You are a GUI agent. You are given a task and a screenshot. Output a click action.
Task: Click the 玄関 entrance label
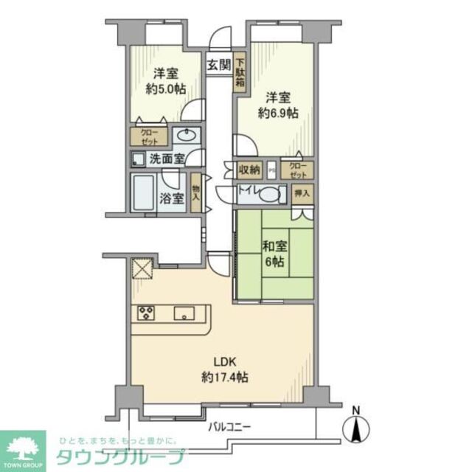tap(219, 64)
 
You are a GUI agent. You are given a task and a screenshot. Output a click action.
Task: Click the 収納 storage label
tap(249, 170)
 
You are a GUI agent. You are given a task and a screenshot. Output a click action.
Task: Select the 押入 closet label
tap(302, 194)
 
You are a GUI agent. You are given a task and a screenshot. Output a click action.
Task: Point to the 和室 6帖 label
tap(274, 254)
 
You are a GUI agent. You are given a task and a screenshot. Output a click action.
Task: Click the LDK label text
tap(225, 362)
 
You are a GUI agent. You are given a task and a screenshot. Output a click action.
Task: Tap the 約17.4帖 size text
tap(225, 377)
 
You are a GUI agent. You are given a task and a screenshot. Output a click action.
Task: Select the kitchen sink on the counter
tap(182, 313)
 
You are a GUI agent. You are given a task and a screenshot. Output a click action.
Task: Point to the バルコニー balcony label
tap(229, 426)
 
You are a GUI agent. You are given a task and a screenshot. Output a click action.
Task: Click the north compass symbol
tap(357, 426)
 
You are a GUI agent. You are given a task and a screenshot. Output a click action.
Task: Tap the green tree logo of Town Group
tap(22, 448)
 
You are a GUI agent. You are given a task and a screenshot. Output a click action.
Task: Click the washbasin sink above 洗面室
tap(188, 136)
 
